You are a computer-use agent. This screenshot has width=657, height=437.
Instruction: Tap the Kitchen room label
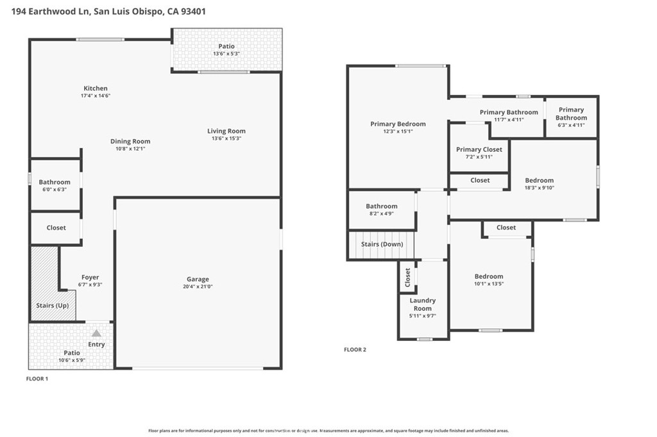[x=96, y=88]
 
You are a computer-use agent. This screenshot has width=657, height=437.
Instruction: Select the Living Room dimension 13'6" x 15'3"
[x=226, y=138]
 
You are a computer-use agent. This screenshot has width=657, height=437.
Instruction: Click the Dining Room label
[x=130, y=142]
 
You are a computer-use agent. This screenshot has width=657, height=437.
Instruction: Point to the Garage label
[x=198, y=279]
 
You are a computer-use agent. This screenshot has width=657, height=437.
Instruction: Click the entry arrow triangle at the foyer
[x=96, y=333]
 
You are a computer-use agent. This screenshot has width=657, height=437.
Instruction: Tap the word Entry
[x=96, y=345]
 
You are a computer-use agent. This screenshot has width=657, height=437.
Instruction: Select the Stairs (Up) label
[x=53, y=306]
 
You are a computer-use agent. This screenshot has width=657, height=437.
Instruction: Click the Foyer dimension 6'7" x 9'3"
[x=90, y=284]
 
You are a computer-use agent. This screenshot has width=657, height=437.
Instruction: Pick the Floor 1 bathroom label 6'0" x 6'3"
[x=55, y=190]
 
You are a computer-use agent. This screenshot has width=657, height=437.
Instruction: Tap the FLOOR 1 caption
[x=37, y=379]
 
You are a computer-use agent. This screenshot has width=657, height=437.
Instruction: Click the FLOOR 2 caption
[x=355, y=350]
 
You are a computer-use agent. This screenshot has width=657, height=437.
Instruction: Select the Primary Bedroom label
[x=398, y=124]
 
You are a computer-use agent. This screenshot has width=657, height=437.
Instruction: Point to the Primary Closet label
[x=479, y=149]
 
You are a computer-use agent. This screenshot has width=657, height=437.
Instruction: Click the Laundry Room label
[x=422, y=304]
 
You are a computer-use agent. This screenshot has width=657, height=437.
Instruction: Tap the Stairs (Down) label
[x=382, y=244]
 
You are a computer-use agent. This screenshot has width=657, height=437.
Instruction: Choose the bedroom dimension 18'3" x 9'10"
[x=539, y=188]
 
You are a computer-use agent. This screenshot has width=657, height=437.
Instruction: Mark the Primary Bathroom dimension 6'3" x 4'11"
[x=571, y=125]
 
